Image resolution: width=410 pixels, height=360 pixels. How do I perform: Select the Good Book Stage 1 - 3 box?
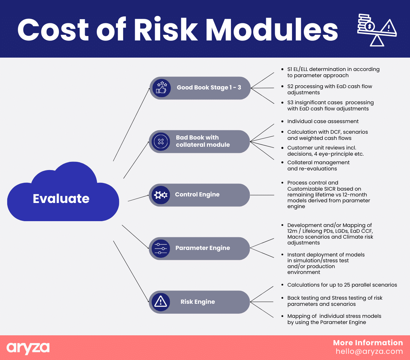[x=200, y=88]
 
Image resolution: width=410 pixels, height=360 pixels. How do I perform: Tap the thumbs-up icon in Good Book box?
[x=161, y=88]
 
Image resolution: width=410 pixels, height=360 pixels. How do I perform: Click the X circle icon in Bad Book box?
[x=161, y=142]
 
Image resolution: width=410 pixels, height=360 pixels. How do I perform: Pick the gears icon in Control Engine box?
[x=161, y=195]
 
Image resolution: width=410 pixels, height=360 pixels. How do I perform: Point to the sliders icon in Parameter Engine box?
[x=161, y=249]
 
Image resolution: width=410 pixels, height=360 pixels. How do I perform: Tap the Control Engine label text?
[x=197, y=194]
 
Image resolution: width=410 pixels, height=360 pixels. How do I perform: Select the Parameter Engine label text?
[x=203, y=248]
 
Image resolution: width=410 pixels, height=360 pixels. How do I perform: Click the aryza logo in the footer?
[x=28, y=348]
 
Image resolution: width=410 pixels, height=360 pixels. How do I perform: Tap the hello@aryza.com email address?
[x=369, y=351]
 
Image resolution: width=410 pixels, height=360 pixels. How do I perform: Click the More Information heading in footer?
[x=368, y=343]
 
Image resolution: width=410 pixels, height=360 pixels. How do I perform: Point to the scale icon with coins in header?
[x=377, y=30]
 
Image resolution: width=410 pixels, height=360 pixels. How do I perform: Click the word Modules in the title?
[x=272, y=29]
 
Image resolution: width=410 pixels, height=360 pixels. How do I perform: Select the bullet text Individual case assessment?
[x=323, y=121]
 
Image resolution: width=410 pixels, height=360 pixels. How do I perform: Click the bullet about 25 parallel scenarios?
[x=342, y=285]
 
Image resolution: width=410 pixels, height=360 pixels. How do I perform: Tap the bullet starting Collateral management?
[x=318, y=165]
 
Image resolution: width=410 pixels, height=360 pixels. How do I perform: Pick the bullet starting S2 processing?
[x=329, y=89]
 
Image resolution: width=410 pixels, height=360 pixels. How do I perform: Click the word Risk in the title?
[x=166, y=29]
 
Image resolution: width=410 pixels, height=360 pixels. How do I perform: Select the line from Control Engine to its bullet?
[x=262, y=195]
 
